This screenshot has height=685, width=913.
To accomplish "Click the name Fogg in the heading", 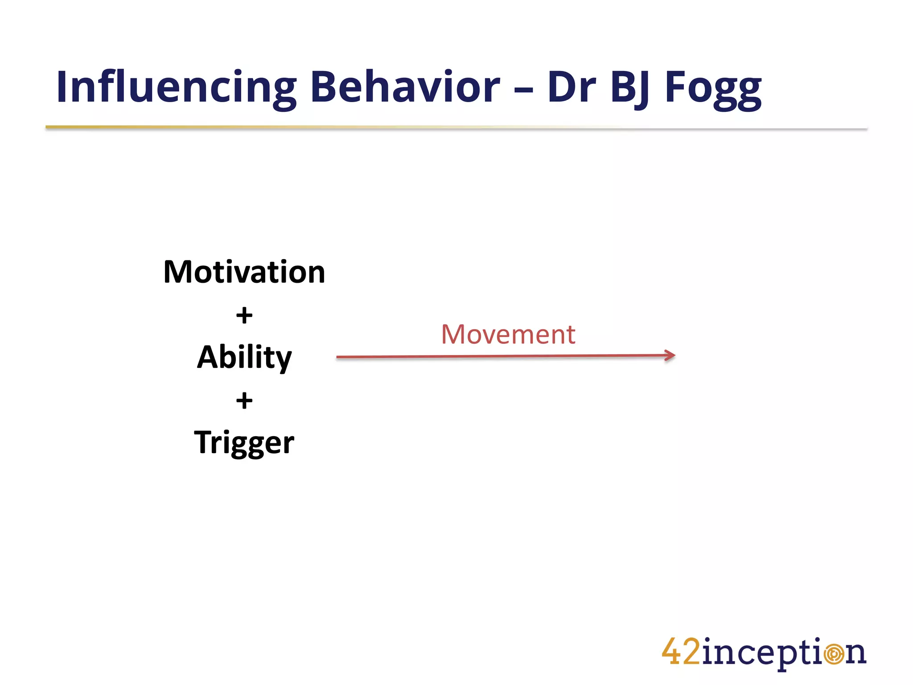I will coord(712,88).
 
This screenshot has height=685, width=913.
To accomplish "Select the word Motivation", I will coord(244,272).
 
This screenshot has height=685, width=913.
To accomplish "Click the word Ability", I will coord(244,358).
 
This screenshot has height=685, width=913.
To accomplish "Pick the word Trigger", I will coord(244,443).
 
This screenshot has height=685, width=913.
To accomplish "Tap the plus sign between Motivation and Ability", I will coord(244,316).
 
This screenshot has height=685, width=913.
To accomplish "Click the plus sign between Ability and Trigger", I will coord(244,400).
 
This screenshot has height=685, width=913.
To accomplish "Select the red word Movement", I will coord(508,334).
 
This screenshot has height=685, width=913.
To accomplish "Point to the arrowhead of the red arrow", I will coord(671,355).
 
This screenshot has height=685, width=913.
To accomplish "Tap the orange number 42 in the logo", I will coord(681,652).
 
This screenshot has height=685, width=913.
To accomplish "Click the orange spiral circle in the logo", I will coord(834,654).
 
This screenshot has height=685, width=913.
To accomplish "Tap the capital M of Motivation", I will coord(178,272).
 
